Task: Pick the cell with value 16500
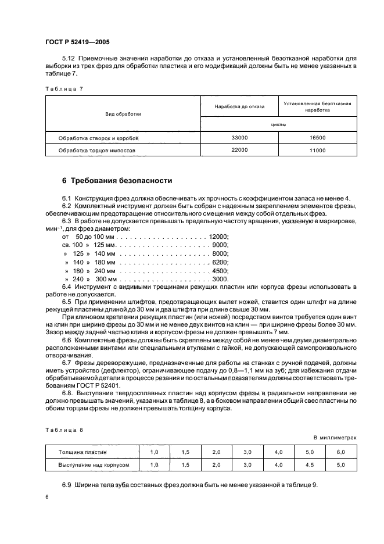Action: [x=317, y=138]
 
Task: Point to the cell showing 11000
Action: [x=317, y=151]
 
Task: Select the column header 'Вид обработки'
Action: [x=123, y=114]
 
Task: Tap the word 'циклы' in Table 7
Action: [x=278, y=124]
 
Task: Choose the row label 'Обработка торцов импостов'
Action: [x=96, y=151]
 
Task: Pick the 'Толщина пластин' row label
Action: [x=82, y=452]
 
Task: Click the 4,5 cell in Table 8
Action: [x=309, y=465]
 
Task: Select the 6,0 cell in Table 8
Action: [x=340, y=452]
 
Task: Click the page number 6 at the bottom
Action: [x=48, y=498]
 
